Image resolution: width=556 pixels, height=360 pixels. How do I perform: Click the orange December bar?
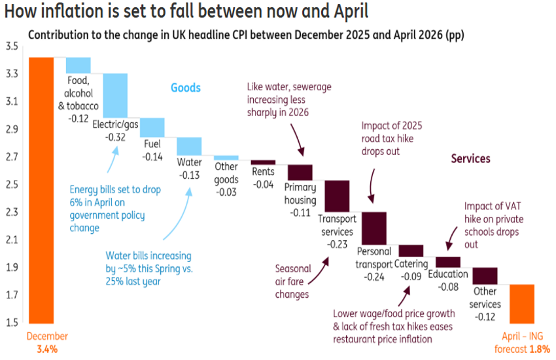click(x=41, y=190)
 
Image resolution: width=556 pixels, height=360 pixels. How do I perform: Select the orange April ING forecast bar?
click(x=522, y=303)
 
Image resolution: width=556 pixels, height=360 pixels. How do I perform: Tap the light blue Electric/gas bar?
click(x=115, y=96)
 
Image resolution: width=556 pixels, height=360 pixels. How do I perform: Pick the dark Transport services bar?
click(x=337, y=195)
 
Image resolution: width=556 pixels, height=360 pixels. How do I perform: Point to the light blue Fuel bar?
click(x=152, y=127)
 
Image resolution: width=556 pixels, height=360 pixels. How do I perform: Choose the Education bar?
click(x=448, y=262)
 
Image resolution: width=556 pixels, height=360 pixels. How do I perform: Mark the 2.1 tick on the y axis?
click(x=11, y=240)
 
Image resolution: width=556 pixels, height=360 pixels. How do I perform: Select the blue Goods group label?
click(x=186, y=88)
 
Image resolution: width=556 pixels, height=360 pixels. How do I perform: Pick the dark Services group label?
click(x=470, y=158)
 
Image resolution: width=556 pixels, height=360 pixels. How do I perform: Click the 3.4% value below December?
click(x=48, y=349)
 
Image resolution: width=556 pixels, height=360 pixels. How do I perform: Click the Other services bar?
click(x=485, y=275)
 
